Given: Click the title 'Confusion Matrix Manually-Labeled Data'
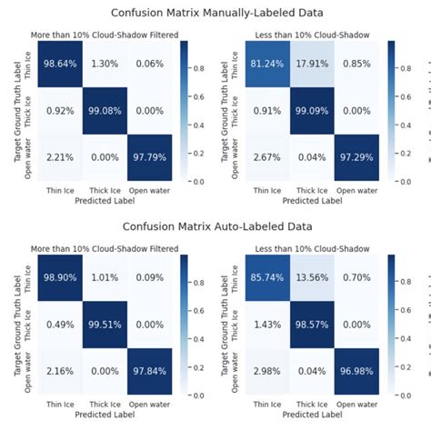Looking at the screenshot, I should click(x=215, y=13).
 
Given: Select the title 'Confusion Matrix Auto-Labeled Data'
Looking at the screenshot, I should click(x=215, y=228).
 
